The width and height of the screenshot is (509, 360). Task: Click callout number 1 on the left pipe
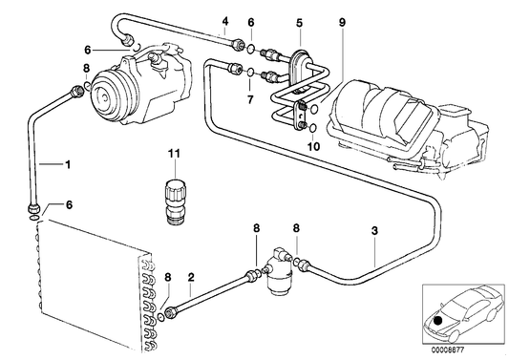click(68, 165)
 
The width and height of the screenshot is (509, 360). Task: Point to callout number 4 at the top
click(224, 21)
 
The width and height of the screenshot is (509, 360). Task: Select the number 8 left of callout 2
click(168, 278)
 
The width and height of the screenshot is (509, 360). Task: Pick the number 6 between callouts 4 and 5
click(250, 21)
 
